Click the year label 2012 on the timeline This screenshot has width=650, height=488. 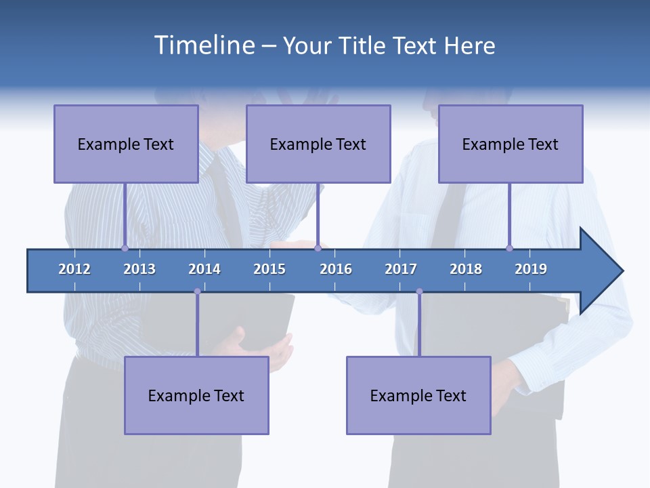pyautogui.click(x=74, y=269)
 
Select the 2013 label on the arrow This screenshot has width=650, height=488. pyautogui.click(x=139, y=269)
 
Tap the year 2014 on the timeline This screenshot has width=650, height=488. pyautogui.click(x=204, y=269)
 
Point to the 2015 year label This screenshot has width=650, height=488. pyautogui.click(x=269, y=269)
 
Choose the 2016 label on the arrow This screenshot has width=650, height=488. pyautogui.click(x=336, y=269)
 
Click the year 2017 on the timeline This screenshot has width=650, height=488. pyautogui.click(x=401, y=269)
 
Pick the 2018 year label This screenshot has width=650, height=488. pyautogui.click(x=466, y=269)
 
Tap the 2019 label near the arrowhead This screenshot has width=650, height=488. pyautogui.click(x=531, y=269)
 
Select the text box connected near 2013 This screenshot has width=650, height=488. pyautogui.click(x=126, y=144)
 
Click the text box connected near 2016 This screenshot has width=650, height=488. pyautogui.click(x=318, y=144)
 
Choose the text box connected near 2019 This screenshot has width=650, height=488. pyautogui.click(x=511, y=144)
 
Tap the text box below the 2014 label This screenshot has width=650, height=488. pyautogui.click(x=196, y=395)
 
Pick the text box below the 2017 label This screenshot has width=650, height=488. pyautogui.click(x=418, y=395)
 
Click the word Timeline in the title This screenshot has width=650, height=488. pyautogui.click(x=203, y=45)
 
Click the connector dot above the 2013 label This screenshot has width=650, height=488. pyautogui.click(x=125, y=248)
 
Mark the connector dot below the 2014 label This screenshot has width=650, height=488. pyautogui.click(x=197, y=291)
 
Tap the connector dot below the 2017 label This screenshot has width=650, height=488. pyautogui.click(x=419, y=291)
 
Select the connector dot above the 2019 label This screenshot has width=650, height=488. pyautogui.click(x=509, y=248)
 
